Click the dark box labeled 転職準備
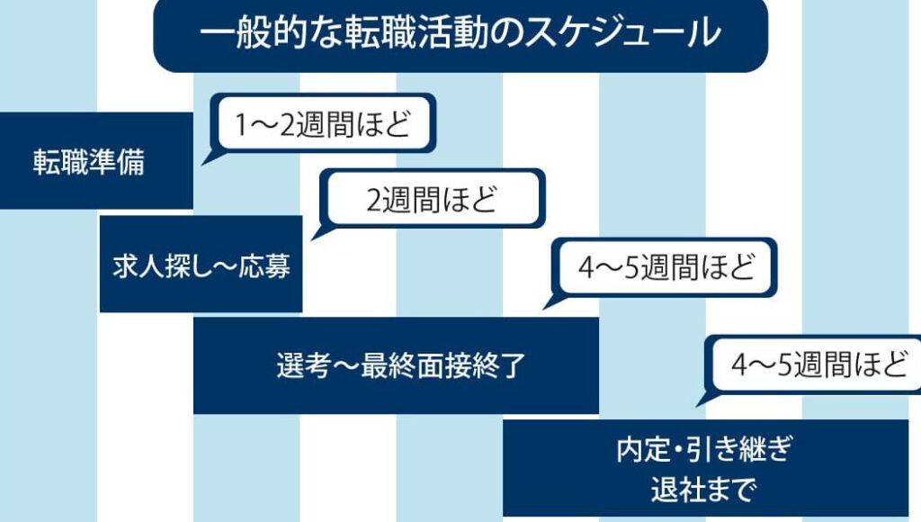pos(90,162)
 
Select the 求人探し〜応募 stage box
pos(200,265)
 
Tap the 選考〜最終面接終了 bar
pos(396,365)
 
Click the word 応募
pos(267,266)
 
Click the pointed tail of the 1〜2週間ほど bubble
pos(204,160)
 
